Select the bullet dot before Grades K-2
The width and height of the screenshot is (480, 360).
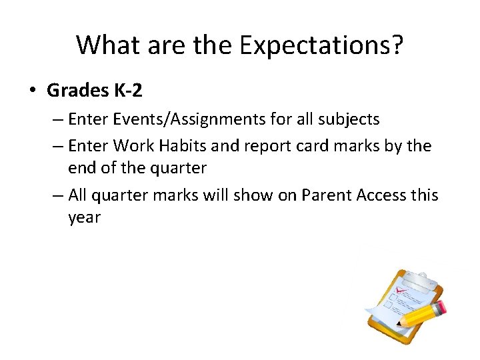click(x=33, y=89)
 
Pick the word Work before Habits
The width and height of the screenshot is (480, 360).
click(x=132, y=145)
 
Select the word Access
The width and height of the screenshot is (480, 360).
click(x=382, y=195)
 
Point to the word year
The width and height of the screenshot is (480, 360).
click(x=83, y=218)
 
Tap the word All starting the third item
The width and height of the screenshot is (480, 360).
click(x=79, y=195)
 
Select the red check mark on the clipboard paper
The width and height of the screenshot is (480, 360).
click(x=401, y=291)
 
